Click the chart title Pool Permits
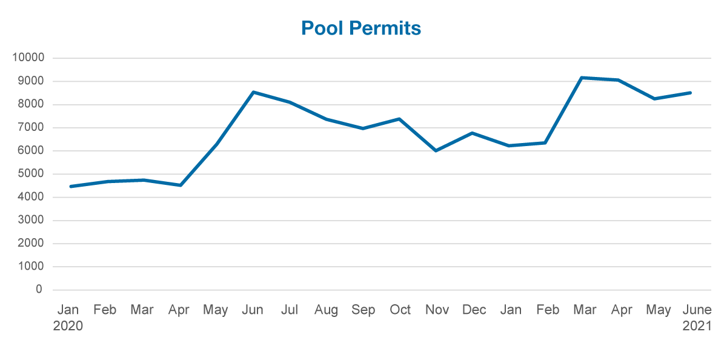point(361,28)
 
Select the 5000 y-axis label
point(30,174)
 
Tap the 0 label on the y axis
point(39,290)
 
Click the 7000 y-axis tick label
point(30,128)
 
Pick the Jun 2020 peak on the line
point(253,92)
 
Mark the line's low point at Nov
point(436,151)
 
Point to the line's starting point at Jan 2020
point(71,187)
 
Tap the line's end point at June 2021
point(691,93)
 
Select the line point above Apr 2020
point(180,185)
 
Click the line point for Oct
point(399,119)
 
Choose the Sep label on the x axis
point(363,310)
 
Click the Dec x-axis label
point(474,310)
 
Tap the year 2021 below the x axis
point(697,326)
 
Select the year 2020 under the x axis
point(68,326)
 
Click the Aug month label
point(326,310)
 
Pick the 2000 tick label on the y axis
point(30,244)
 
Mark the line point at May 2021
point(655,98)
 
